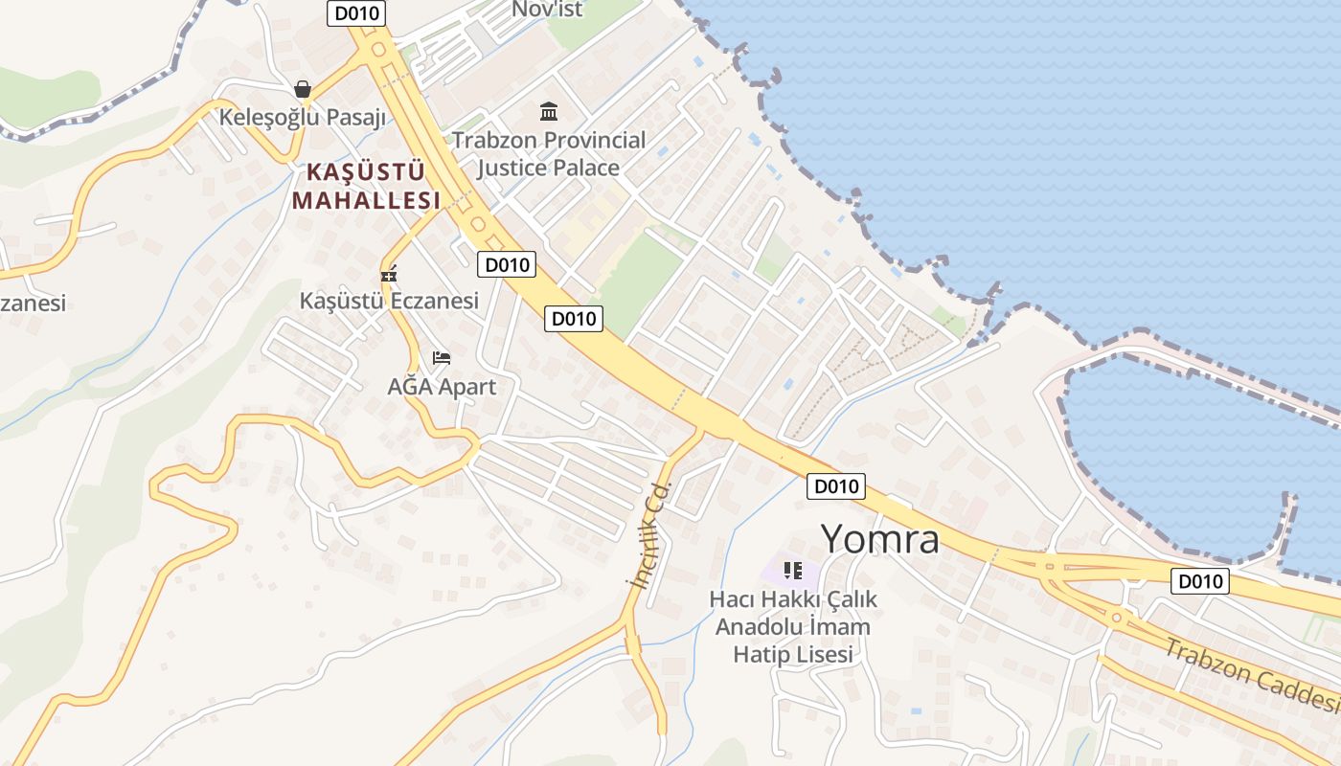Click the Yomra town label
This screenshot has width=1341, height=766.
coord(880,539)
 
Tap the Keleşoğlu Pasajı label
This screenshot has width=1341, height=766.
coord(303,118)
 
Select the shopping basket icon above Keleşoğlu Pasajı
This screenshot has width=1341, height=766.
coord(303,89)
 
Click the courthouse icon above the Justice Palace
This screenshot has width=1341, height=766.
coord(549,112)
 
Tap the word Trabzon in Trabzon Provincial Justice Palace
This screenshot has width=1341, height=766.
coord(489,141)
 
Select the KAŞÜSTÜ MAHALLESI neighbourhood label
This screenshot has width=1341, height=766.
coord(366,187)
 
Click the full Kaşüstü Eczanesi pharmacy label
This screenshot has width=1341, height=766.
coord(389,301)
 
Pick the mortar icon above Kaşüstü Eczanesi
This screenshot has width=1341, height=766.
coord(389,275)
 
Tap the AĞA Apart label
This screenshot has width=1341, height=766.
coord(442,387)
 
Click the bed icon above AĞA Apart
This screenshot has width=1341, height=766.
coord(442,358)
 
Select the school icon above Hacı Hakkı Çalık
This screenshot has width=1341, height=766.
coord(792,571)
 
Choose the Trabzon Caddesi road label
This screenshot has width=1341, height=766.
coord(1251,676)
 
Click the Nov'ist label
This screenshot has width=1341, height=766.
coord(547,10)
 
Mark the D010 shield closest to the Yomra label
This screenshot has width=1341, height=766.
coord(835,486)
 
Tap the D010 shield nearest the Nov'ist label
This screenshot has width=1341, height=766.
coord(357,13)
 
